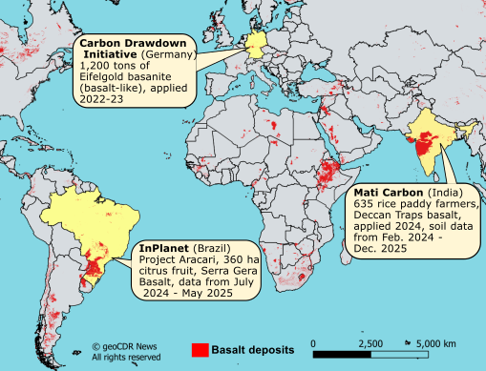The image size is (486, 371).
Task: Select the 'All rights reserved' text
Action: pos(126,358)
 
